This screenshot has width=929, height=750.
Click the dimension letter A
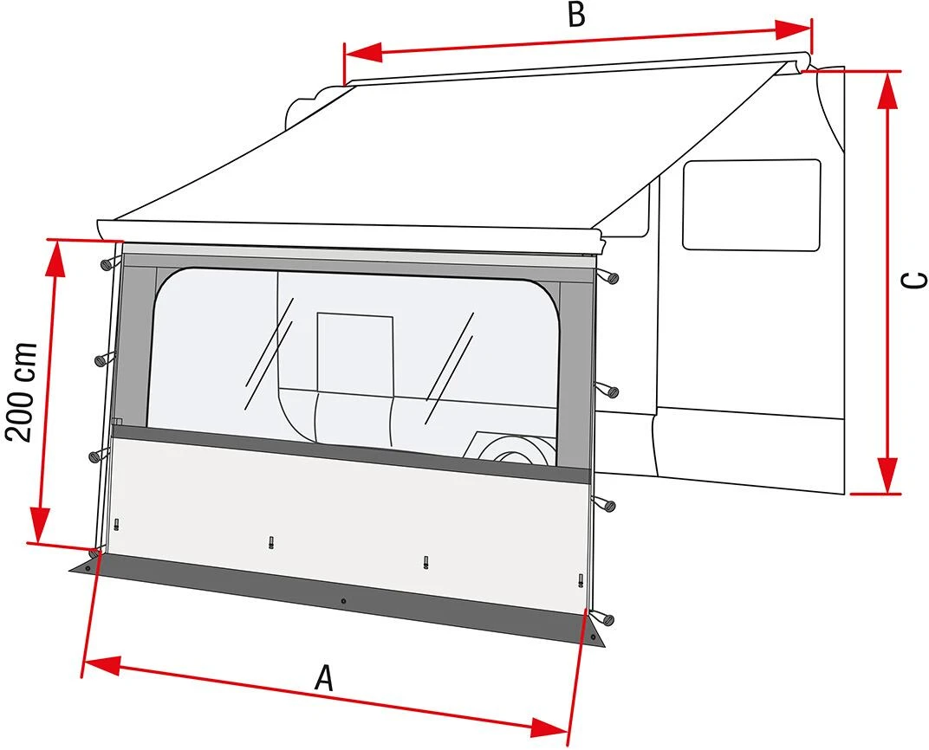[x=324, y=678]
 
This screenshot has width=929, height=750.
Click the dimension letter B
[x=576, y=15]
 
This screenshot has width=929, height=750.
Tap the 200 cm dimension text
[x=23, y=391]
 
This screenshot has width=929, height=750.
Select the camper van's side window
[x=750, y=205]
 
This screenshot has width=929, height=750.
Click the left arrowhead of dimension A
[x=98, y=665]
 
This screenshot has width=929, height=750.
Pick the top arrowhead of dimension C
[x=887, y=89]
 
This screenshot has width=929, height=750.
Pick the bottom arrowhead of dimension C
[x=887, y=477]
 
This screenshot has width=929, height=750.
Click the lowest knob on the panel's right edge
[x=604, y=618]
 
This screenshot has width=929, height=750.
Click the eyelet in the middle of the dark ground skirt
[x=344, y=601]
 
